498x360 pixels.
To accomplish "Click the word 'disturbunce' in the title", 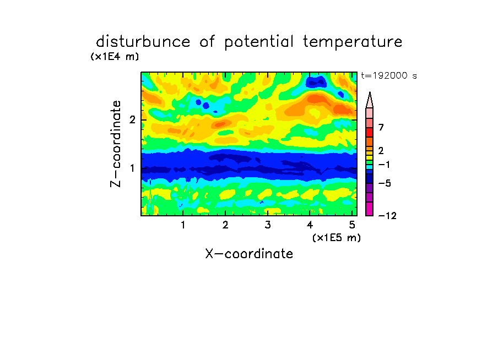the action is point(143,42).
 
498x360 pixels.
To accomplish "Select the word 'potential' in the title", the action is point(259,42).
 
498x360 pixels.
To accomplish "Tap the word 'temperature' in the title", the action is point(353,42).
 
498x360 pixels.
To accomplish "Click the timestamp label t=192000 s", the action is point(389,76).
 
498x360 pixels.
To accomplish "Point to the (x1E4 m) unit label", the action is point(115,57).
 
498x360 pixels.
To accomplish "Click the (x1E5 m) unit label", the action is point(337,237).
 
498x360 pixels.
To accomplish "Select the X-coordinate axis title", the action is point(249,254).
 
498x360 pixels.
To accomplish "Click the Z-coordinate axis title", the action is point(116,144).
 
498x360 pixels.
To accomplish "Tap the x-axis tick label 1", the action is point(183,225).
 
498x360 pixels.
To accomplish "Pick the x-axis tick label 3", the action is point(268,225).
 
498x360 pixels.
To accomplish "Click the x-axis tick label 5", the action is point(352,225).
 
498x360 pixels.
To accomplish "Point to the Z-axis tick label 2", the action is point(132,120).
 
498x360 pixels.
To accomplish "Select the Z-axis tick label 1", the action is point(132,168).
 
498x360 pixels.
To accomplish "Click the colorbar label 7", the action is point(381,128).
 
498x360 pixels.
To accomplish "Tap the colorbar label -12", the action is point(387,216).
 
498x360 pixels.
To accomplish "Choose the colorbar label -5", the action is point(385,183).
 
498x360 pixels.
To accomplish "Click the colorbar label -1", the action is point(384,165).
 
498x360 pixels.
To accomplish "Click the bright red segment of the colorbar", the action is point(370,132).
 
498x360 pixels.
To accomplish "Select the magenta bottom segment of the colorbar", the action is point(370,209).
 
